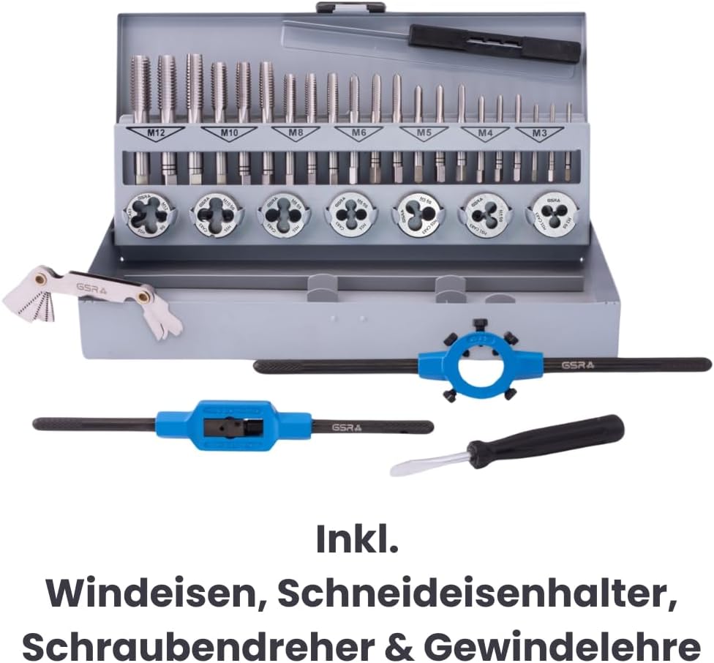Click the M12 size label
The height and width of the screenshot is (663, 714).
coord(155,133)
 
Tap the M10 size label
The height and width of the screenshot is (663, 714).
coord(228,133)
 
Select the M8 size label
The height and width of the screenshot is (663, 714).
coord(296,133)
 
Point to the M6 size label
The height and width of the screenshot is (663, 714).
coord(358,133)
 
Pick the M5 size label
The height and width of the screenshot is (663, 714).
coord(423,133)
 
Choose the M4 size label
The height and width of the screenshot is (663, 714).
coord(484,133)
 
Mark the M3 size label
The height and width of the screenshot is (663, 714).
coord(539,133)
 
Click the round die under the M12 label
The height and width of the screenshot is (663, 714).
coord(149,214)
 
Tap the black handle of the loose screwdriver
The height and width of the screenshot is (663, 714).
coord(545,442)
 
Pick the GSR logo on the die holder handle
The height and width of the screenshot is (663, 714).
coord(578,364)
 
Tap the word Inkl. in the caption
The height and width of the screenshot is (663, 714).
coord(357,540)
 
